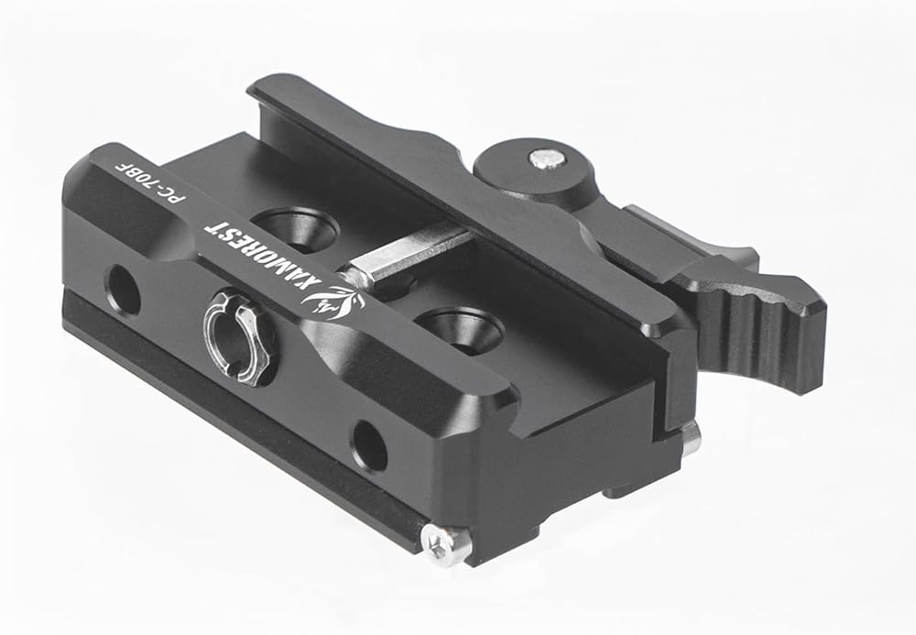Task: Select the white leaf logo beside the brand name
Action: (x=333, y=302)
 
